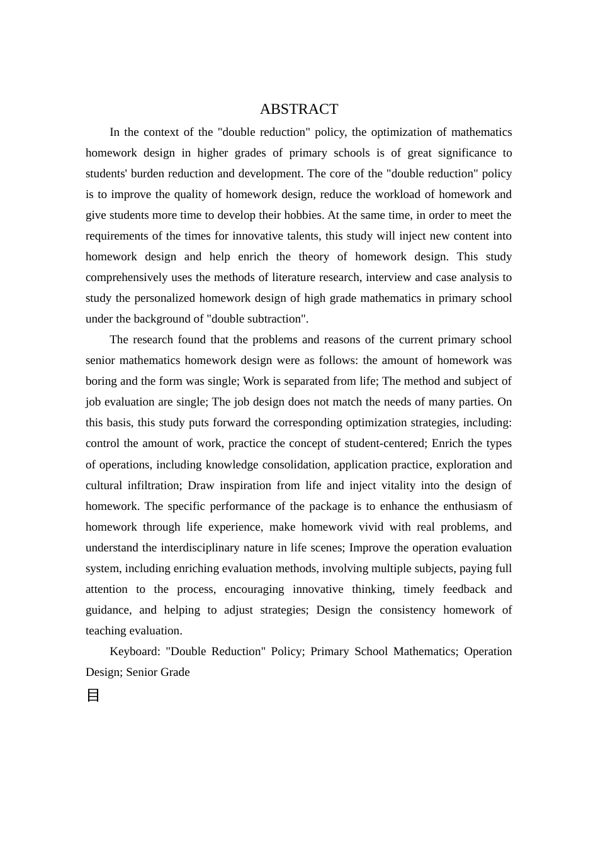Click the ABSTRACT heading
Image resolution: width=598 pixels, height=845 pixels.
click(299, 109)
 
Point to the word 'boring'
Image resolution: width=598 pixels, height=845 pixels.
click(102, 381)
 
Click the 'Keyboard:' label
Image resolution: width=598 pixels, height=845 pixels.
click(135, 651)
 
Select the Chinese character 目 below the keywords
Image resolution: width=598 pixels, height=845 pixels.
click(93, 695)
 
